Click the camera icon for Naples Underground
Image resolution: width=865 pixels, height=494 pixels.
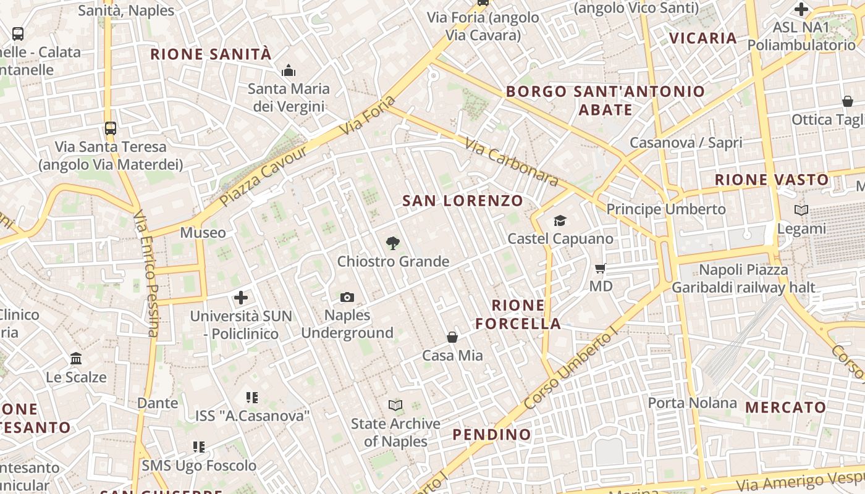click(347, 298)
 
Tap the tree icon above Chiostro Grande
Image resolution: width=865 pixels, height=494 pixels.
click(392, 243)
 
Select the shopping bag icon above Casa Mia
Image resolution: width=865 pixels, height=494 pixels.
click(452, 337)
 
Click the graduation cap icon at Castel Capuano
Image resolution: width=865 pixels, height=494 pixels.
click(560, 220)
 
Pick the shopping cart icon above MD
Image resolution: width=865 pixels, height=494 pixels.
click(600, 268)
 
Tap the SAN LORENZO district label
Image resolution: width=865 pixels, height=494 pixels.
click(463, 201)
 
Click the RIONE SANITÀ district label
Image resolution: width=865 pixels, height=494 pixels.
click(211, 54)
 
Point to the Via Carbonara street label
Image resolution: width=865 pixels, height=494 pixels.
click(511, 162)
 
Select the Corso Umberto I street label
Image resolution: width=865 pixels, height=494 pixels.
click(570, 368)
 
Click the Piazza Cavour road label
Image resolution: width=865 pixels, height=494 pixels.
click(263, 176)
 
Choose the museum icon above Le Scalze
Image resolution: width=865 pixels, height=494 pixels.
click(76, 359)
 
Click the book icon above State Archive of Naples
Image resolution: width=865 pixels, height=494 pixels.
click(395, 406)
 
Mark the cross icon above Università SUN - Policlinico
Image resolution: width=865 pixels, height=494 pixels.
click(241, 298)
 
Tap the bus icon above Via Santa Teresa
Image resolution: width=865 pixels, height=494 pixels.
click(111, 128)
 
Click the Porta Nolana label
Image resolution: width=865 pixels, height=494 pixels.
click(692, 403)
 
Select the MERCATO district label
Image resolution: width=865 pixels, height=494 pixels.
click(785, 408)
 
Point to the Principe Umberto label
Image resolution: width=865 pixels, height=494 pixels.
click(666, 209)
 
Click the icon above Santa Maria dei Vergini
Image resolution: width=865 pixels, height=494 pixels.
click(289, 71)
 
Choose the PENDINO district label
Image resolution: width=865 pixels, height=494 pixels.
click(492, 435)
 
